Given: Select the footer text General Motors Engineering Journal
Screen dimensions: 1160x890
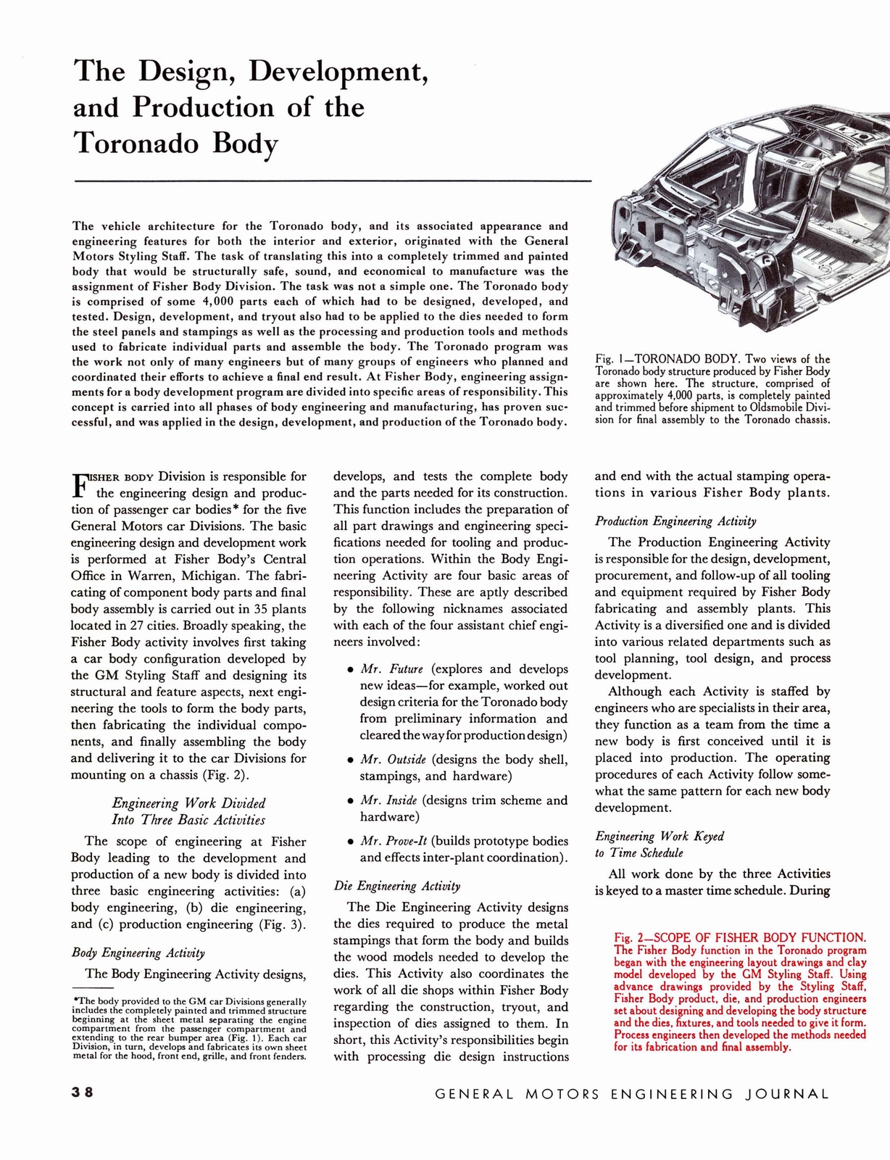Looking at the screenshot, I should [x=632, y=1094].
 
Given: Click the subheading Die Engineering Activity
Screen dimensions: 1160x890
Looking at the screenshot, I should [x=396, y=886].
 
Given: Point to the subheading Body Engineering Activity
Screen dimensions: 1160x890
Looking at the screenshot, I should [x=138, y=953].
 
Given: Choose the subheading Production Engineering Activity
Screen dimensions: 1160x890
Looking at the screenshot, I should [x=675, y=521].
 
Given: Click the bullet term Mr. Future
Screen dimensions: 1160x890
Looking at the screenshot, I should [x=391, y=669].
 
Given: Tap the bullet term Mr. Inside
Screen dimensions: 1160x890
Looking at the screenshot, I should [x=388, y=800].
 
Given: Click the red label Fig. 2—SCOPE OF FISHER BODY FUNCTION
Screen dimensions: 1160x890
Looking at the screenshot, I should [x=739, y=937].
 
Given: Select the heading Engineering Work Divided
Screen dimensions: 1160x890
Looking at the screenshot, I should [x=188, y=803].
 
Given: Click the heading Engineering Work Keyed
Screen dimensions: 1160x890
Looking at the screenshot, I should [x=660, y=836].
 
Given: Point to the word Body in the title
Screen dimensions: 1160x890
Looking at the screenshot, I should [x=245, y=143].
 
